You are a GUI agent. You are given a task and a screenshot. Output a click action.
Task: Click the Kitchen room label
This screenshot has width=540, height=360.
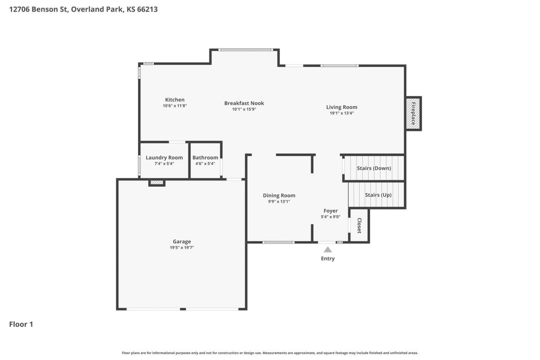pos(175,99)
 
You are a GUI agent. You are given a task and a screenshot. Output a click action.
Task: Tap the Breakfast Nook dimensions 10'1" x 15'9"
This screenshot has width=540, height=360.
pos(244,109)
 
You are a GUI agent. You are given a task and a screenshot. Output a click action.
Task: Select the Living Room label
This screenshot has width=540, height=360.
pos(342,107)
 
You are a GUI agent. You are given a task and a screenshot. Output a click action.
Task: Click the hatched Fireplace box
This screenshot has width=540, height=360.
pos(413,113)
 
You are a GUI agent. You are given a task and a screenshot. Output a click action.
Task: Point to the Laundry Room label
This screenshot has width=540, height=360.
pos(164,157)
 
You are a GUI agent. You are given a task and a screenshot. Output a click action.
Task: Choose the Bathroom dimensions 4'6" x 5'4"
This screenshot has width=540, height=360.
pos(205,163)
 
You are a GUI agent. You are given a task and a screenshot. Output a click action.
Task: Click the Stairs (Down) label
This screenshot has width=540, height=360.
pos(374,168)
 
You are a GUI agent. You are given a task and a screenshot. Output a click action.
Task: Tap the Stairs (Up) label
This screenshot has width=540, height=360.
pos(378,195)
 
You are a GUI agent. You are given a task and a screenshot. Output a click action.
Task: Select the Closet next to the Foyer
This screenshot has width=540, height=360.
pos(359,225)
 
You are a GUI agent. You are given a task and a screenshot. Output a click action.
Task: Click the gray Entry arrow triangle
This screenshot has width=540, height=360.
pos(328,250)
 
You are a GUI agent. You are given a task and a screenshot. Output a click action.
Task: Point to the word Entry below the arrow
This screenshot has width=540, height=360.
pos(328,258)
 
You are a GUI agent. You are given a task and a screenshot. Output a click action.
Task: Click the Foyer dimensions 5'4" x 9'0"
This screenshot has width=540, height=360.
pos(330,217)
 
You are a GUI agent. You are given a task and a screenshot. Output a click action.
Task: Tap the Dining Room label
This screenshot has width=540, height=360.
pos(279,195)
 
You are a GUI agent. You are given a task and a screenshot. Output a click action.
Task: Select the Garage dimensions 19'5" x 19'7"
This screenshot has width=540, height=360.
pos(182,247)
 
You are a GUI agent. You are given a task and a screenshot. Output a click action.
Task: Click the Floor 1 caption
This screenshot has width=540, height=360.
pos(21,324)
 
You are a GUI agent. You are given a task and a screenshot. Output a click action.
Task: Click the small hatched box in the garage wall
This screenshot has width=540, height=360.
pos(157,183)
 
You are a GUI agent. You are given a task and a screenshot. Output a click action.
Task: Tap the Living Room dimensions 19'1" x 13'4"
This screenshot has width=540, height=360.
pos(342,113)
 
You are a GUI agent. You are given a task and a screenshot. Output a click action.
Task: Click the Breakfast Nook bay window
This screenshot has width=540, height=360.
pos(246,50)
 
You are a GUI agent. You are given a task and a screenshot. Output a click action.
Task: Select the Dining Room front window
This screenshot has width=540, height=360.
pos(278,243)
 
